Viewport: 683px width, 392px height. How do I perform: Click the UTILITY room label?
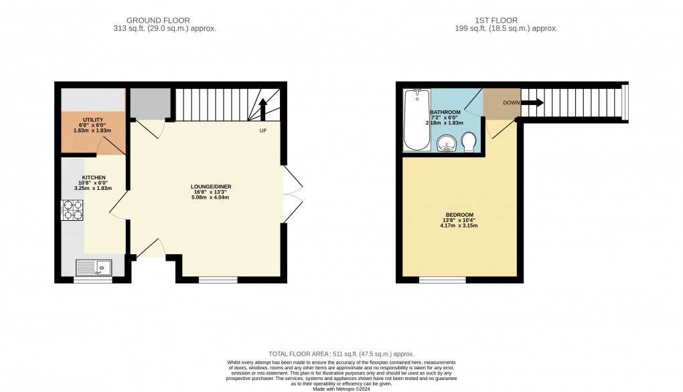(x=93, y=120)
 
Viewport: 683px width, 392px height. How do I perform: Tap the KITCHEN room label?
(x=94, y=177)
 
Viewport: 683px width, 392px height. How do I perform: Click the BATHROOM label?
(x=445, y=112)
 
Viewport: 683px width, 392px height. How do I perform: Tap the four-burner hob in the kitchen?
(x=72, y=211)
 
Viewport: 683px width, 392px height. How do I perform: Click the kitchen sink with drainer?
(x=93, y=268)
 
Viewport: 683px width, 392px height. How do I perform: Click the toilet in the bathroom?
(x=469, y=141)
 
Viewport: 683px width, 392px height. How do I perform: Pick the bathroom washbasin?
(x=447, y=142)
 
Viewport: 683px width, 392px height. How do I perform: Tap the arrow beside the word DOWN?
(x=534, y=103)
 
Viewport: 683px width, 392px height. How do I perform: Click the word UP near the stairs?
(x=264, y=130)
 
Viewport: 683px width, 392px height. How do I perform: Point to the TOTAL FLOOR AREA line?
(x=341, y=354)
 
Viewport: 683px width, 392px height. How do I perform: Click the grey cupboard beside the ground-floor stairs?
(x=150, y=102)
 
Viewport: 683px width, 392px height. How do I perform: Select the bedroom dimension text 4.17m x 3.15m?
(x=459, y=225)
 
